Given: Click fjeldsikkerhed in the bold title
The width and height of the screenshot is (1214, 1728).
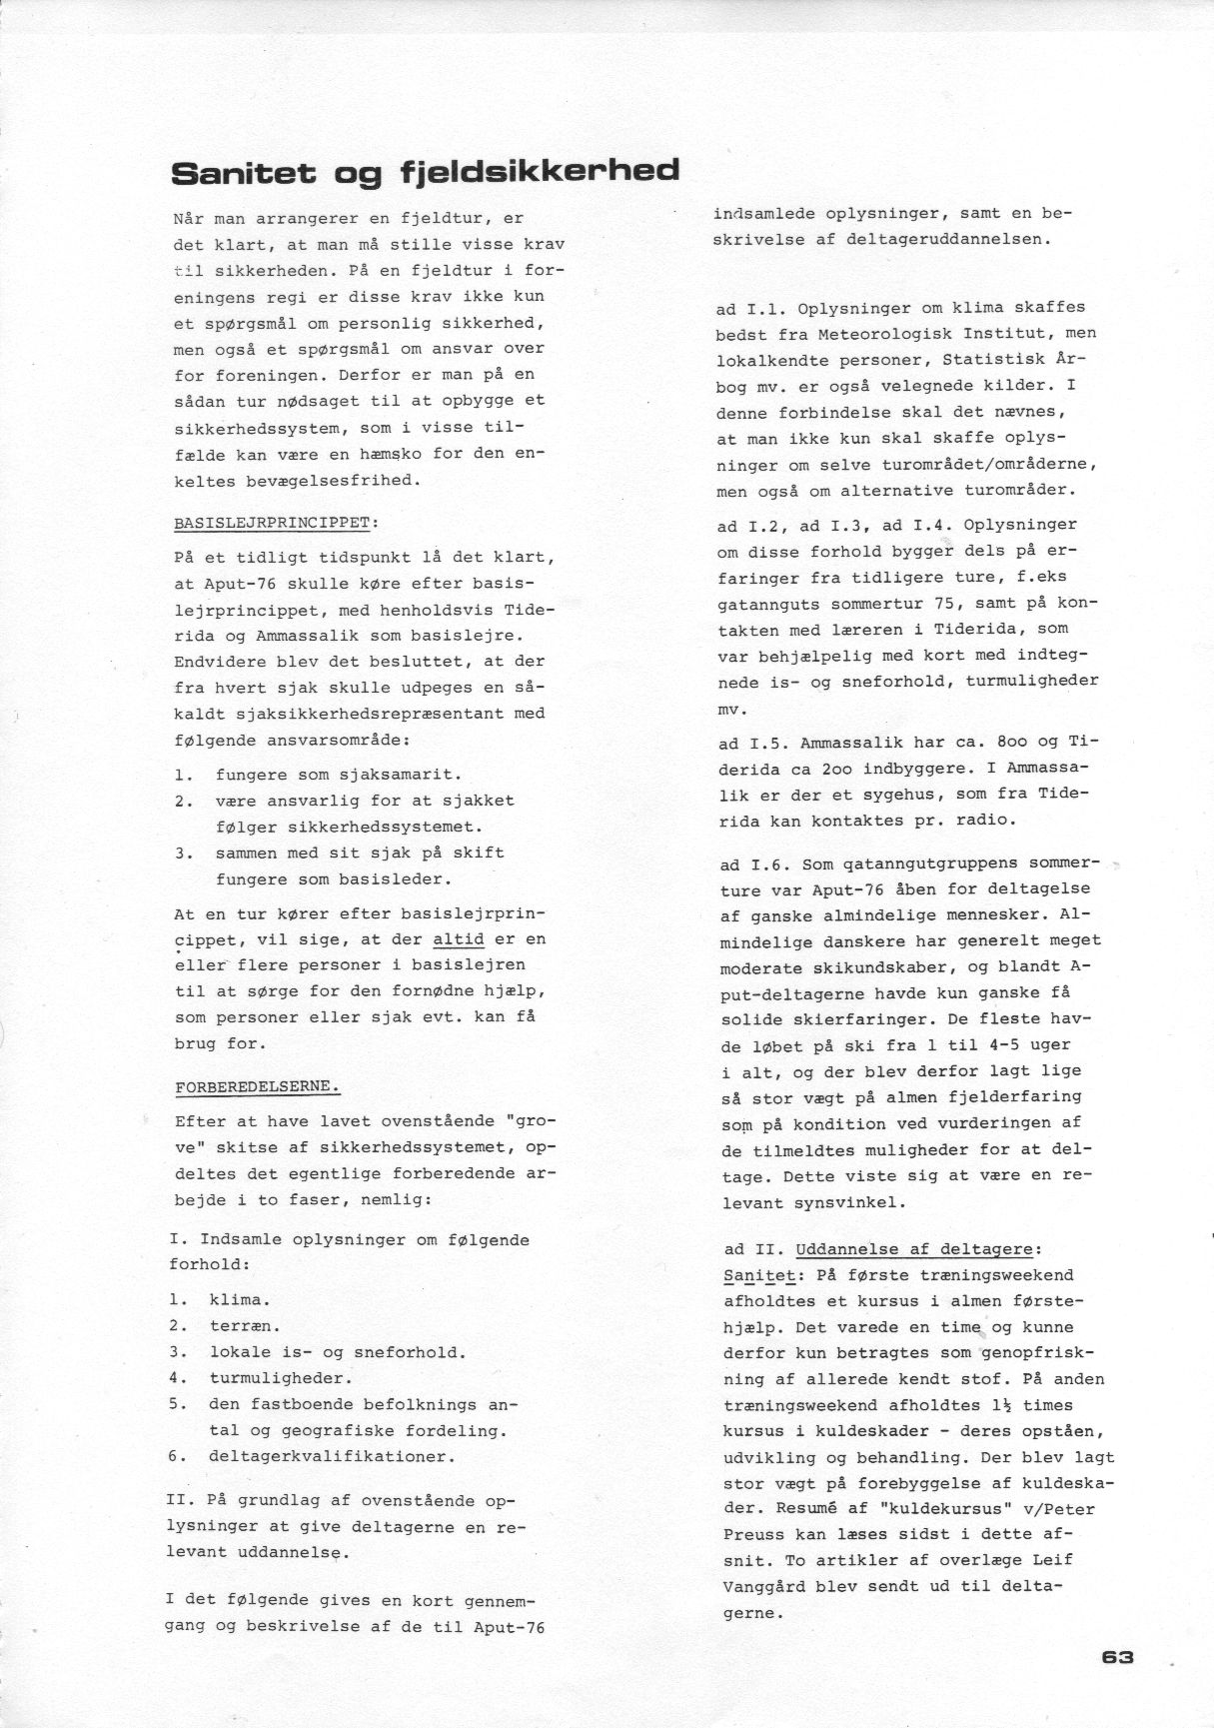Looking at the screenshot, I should (x=541, y=171).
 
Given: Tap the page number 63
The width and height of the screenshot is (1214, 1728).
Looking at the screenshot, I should (x=1118, y=1656).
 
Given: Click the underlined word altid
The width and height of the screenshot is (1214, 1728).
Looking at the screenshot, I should (x=459, y=939).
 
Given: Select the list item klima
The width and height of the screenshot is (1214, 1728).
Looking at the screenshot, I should (x=239, y=1300).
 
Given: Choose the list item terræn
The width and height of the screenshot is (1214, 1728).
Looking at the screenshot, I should (x=244, y=1326).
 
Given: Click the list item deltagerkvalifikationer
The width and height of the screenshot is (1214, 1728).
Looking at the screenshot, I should (x=332, y=1456).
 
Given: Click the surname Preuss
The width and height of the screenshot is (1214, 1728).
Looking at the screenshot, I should (x=754, y=1534).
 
